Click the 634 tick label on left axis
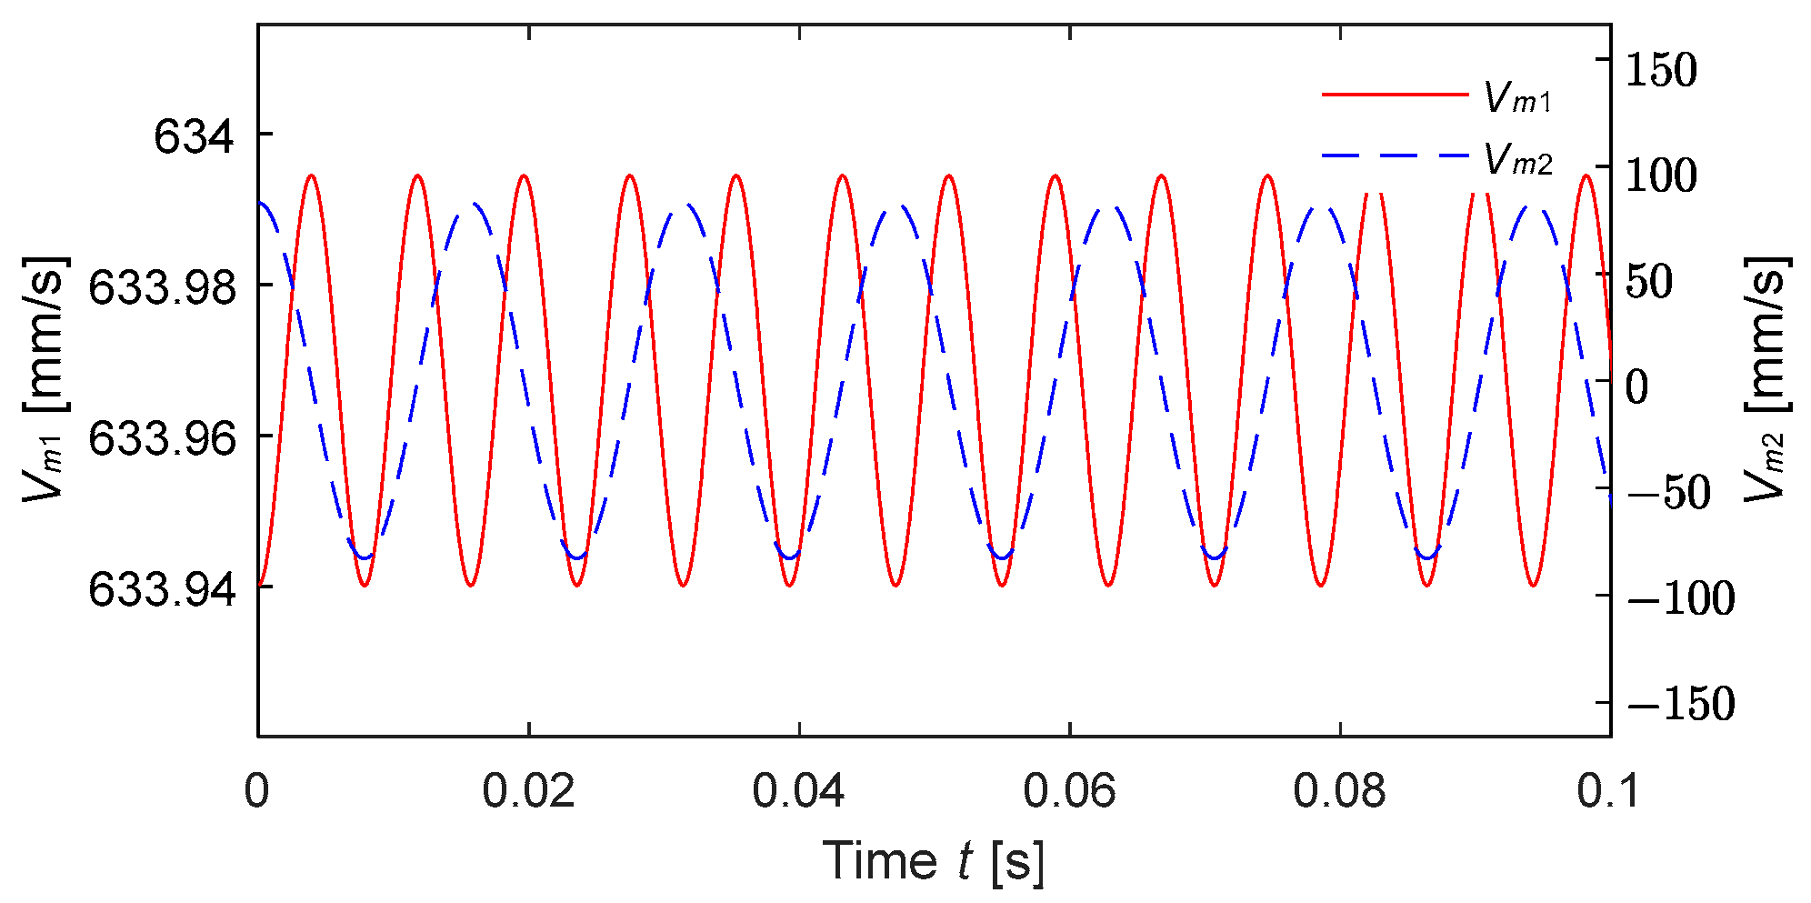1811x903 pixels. click(x=193, y=138)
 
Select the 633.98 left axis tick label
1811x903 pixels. click(x=162, y=289)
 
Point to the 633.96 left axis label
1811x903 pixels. click(x=162, y=440)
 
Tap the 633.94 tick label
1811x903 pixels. click(x=162, y=591)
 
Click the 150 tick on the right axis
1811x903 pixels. click(x=1660, y=70)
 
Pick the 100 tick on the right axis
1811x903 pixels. click(x=1660, y=176)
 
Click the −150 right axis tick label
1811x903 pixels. click(x=1680, y=704)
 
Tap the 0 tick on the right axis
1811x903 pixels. click(x=1636, y=387)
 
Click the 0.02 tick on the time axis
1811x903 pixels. click(x=528, y=791)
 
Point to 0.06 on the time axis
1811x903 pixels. click(x=1069, y=791)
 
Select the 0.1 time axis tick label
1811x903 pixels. click(x=1609, y=791)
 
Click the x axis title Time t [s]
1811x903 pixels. click(x=934, y=860)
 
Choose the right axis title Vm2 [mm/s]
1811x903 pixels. click(x=1766, y=378)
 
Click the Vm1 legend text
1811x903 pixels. click(x=1517, y=98)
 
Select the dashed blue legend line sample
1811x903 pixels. click(x=1395, y=156)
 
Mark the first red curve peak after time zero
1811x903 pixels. click(x=311, y=175)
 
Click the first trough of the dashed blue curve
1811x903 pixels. click(x=365, y=557)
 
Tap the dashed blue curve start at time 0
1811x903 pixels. click(x=260, y=203)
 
